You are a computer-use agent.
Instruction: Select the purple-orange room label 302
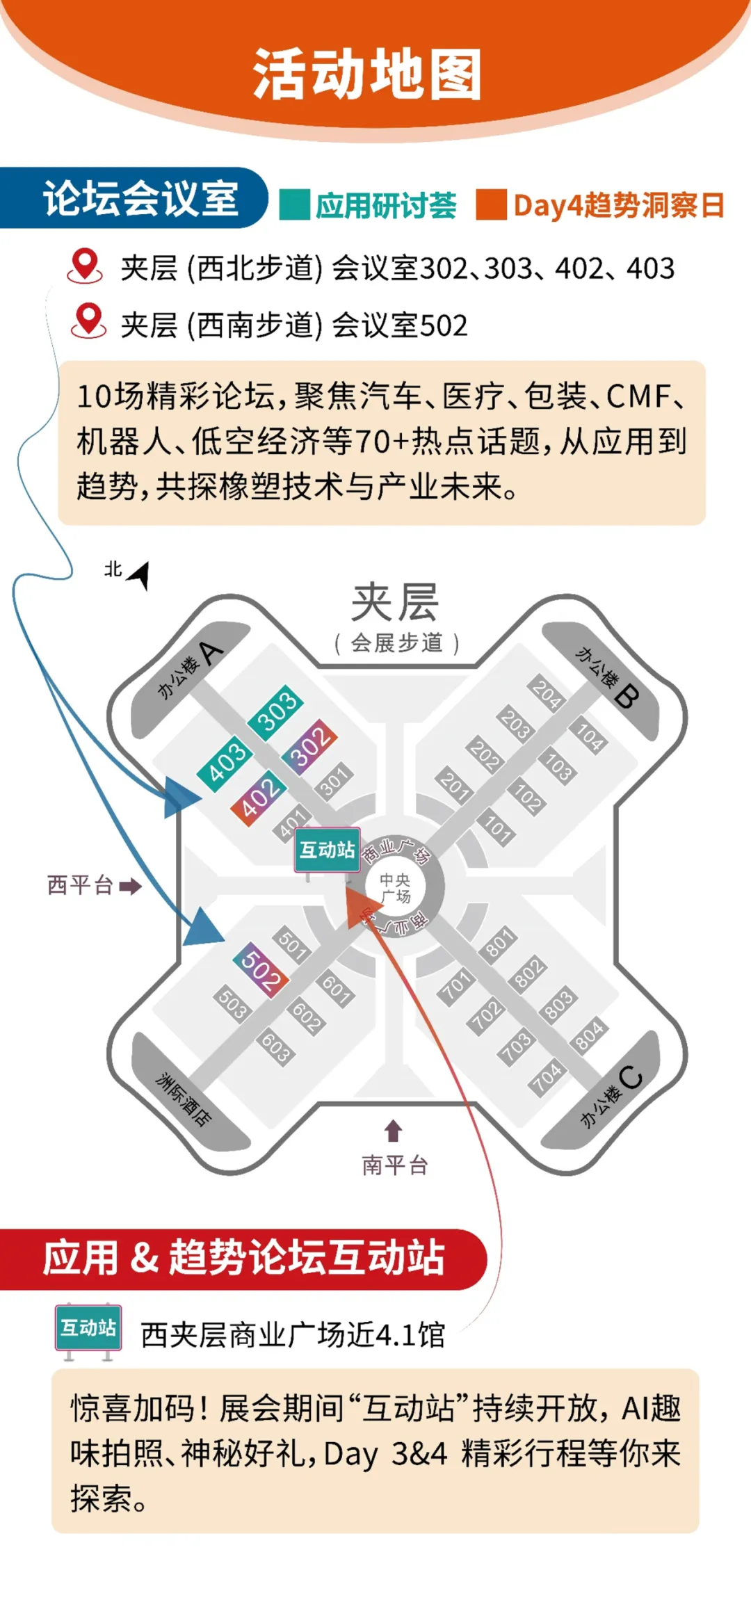click(x=309, y=745)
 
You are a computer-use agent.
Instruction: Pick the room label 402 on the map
click(x=258, y=798)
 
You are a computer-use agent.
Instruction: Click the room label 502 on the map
click(x=261, y=969)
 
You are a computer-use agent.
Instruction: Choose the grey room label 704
click(x=547, y=1076)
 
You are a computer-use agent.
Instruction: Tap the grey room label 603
click(x=276, y=1047)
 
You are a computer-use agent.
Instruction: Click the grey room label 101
click(x=498, y=827)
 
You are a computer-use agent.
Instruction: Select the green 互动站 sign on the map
click(x=327, y=850)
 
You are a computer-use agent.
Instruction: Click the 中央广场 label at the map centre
click(x=395, y=888)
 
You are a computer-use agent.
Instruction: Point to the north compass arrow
click(x=139, y=574)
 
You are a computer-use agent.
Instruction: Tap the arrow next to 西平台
click(x=130, y=886)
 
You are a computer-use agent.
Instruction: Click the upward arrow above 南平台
click(x=394, y=1130)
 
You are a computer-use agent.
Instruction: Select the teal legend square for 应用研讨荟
click(x=294, y=205)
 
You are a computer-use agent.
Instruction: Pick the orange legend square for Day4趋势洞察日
click(x=491, y=205)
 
